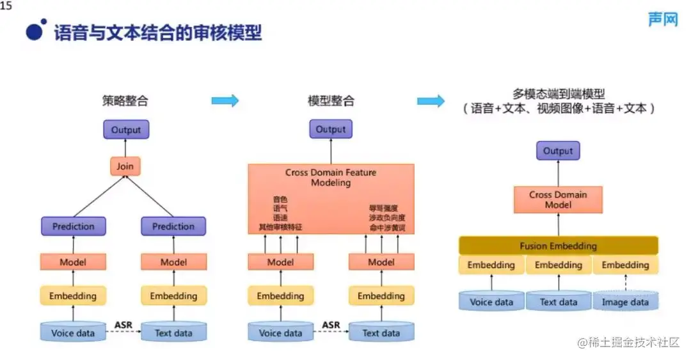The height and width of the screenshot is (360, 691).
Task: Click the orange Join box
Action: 125,167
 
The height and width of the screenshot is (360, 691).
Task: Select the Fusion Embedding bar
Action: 558,246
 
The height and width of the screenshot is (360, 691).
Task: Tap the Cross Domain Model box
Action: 558,200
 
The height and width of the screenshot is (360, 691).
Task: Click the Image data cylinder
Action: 625,302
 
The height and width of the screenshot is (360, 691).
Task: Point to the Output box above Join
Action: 126,130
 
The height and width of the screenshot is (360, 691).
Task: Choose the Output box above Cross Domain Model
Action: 558,152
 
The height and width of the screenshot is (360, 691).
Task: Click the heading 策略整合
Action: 125,100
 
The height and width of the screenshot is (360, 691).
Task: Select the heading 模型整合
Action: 331,100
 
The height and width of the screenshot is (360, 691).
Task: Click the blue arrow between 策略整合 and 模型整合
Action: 225,100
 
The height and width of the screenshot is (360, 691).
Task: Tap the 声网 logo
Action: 663,20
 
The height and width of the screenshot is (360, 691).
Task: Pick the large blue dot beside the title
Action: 36,30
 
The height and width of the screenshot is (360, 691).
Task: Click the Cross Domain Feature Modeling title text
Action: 331,177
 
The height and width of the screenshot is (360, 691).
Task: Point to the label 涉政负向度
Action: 383,217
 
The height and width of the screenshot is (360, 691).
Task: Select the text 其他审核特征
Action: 280,227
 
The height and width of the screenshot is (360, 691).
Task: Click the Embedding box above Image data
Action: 625,265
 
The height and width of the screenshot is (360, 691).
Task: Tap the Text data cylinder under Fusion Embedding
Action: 558,302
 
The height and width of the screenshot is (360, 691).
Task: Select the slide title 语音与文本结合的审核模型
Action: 158,32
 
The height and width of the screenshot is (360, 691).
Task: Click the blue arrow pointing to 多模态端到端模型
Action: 431,100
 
